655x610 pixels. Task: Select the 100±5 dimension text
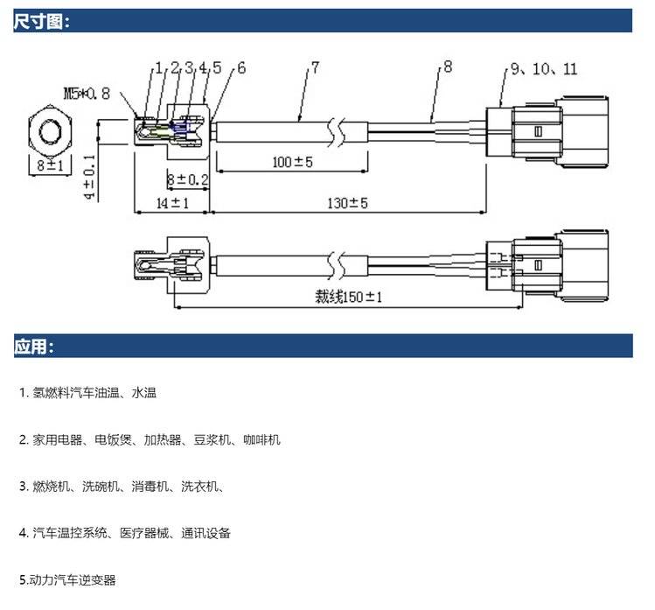(x=293, y=163)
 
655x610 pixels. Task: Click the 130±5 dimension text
(x=346, y=203)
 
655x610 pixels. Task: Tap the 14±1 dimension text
(x=150, y=203)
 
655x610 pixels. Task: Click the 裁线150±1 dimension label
(x=350, y=297)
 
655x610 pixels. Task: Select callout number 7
(x=315, y=67)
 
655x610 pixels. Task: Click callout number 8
(x=448, y=67)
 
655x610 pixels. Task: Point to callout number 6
(x=240, y=67)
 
